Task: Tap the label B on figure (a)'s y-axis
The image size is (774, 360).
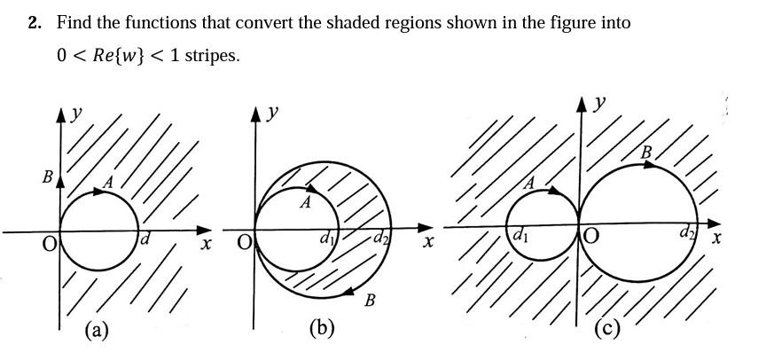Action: (48, 177)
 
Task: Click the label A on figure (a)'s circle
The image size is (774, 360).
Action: (109, 182)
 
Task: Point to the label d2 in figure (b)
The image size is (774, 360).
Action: (380, 238)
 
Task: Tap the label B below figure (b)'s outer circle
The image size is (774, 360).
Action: (370, 301)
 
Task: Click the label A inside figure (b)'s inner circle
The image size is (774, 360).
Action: (305, 203)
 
